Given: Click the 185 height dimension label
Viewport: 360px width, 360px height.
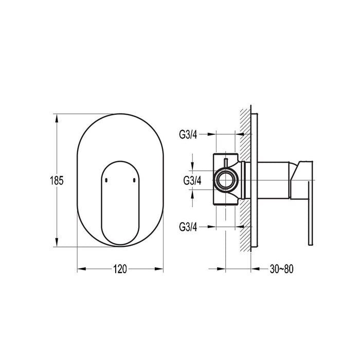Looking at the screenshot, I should pos(57,181).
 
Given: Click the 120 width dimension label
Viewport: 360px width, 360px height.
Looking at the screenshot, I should pos(120,268).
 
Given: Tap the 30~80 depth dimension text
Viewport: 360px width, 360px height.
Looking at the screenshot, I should pos(281,268).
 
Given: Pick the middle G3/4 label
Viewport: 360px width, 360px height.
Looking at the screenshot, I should pos(192,181).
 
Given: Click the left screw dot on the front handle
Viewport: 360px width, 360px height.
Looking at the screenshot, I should pos(105,180).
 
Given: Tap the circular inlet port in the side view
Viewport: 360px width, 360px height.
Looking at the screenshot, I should pos(225,181).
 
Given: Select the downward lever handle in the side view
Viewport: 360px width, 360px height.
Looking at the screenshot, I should pos(310,206).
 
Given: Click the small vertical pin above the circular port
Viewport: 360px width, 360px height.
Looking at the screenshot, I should pos(225,164).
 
